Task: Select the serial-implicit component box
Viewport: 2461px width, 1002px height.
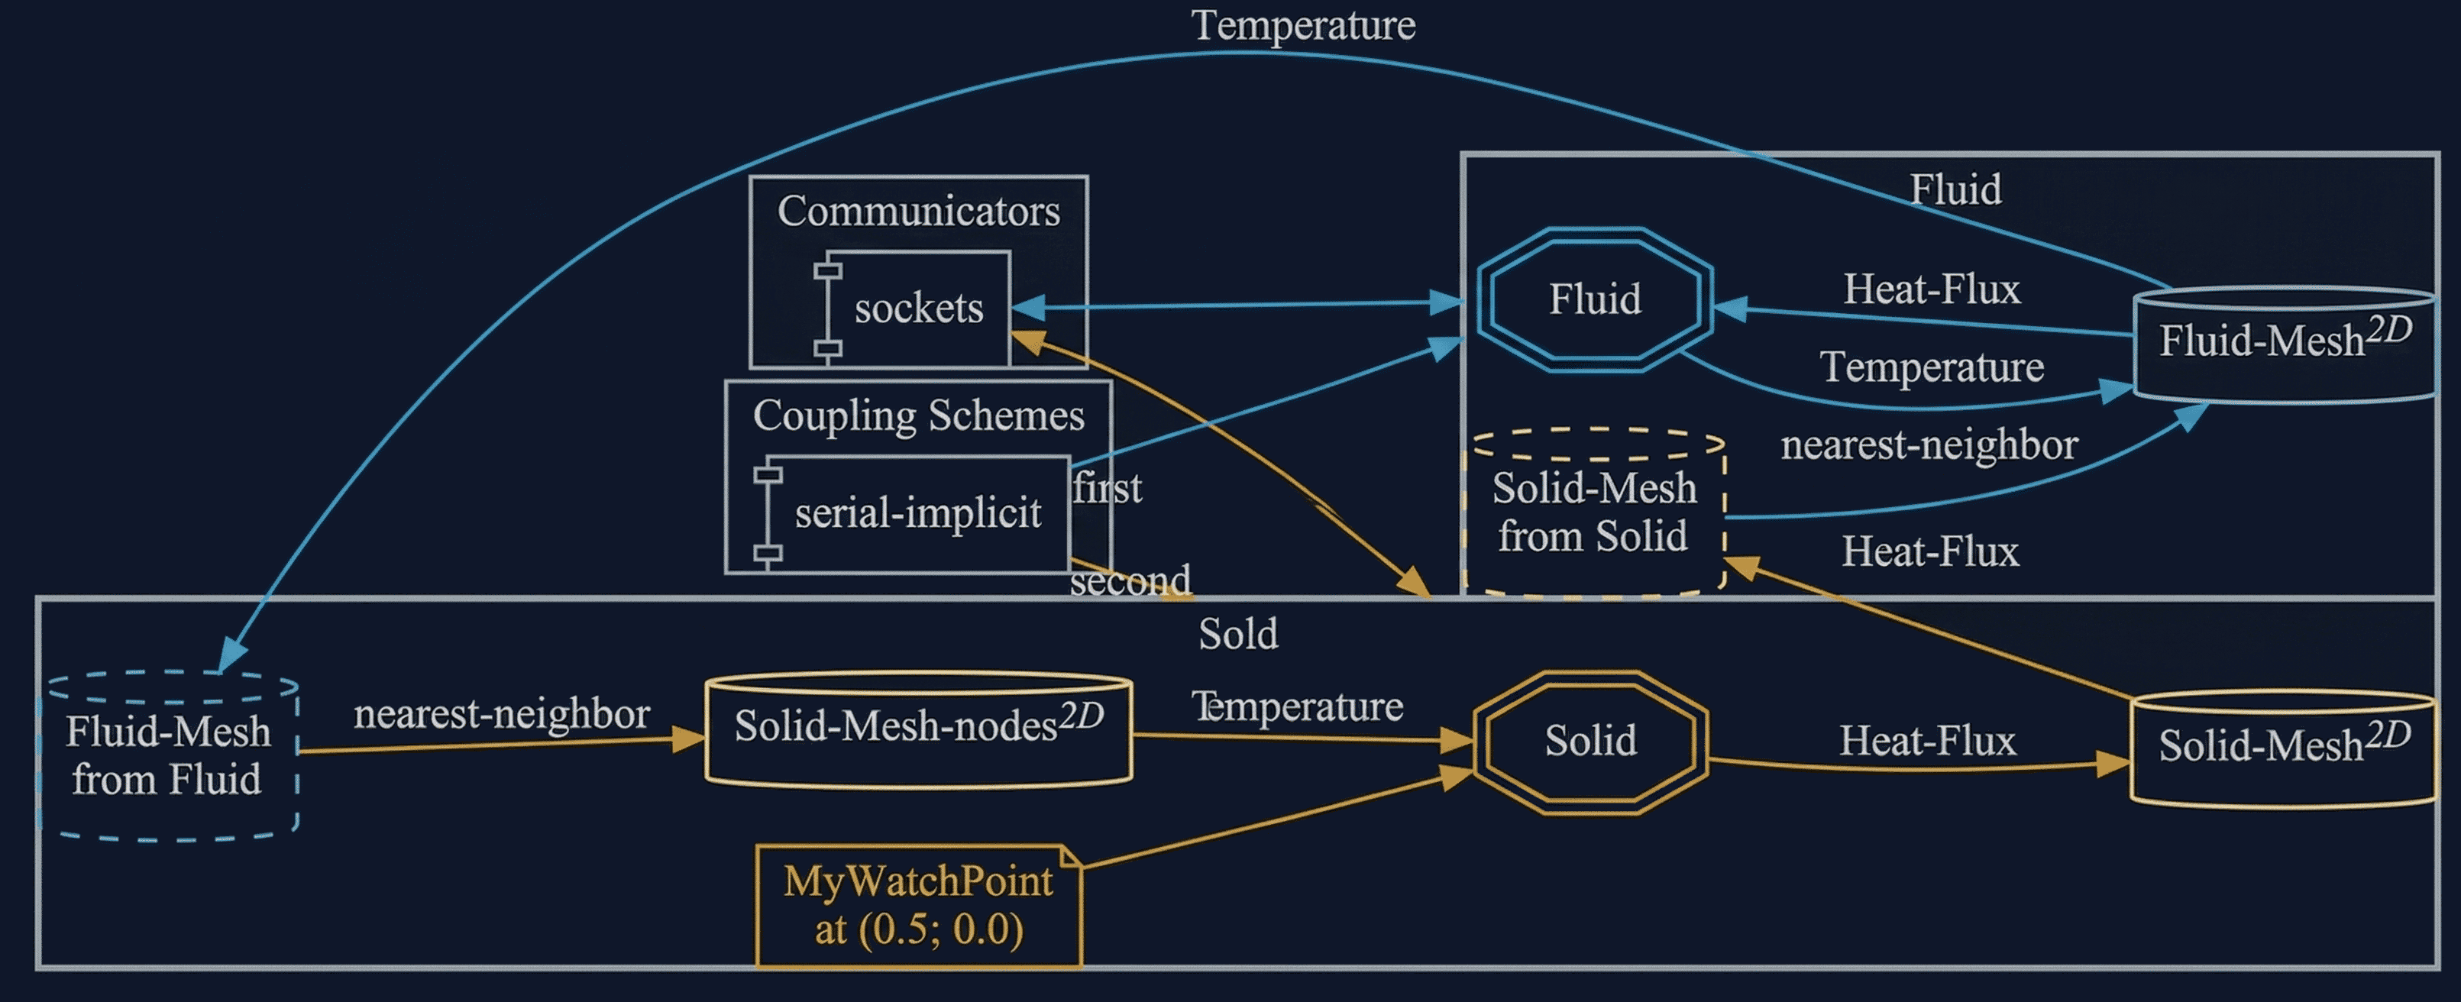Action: [915, 514]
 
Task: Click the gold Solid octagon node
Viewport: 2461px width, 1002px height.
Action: [1591, 742]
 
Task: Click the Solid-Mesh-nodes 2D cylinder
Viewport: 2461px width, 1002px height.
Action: [918, 730]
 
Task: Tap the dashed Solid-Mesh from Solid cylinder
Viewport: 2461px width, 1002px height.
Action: [1593, 514]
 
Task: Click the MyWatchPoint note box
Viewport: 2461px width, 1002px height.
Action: [918, 906]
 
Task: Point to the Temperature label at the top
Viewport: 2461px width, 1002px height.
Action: [1303, 26]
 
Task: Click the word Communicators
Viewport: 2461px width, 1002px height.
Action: [918, 211]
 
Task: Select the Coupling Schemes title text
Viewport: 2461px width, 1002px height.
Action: [918, 415]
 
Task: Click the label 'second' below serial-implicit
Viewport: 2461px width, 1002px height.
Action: [1130, 580]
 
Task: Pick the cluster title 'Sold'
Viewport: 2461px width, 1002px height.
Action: [1238, 634]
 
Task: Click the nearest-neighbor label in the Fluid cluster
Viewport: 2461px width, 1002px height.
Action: [1929, 445]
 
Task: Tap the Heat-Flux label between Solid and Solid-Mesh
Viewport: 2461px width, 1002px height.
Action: [1927, 742]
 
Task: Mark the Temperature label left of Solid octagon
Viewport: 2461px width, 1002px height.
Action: [1296, 707]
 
